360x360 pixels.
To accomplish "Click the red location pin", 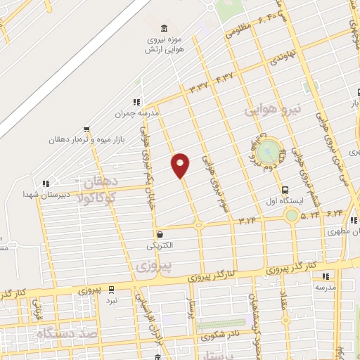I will [181, 165].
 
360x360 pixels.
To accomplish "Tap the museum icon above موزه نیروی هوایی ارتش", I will [164, 28].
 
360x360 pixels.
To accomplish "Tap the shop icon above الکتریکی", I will [161, 234].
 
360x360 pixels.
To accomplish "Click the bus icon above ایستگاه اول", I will [285, 190].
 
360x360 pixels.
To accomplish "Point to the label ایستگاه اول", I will [287, 200].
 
